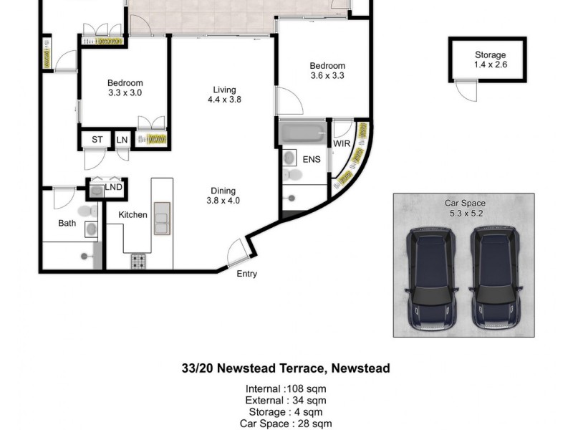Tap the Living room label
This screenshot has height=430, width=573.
pyautogui.click(x=223, y=95)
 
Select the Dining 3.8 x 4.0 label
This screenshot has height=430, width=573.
pyautogui.click(x=223, y=196)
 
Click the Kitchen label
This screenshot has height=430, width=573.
pyautogui.click(x=133, y=215)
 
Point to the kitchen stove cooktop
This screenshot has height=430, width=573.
pyautogui.click(x=138, y=262)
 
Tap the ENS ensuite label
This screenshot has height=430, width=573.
pyautogui.click(x=311, y=159)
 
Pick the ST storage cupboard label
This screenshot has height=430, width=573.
pyautogui.click(x=96, y=140)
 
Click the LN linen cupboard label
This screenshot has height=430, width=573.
pyautogui.click(x=122, y=140)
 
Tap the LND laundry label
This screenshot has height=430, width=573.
pyautogui.click(x=114, y=188)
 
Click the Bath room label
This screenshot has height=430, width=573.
pyautogui.click(x=67, y=224)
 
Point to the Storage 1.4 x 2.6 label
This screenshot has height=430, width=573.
pyautogui.click(x=490, y=59)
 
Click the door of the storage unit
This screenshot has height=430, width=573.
pyautogui.click(x=466, y=91)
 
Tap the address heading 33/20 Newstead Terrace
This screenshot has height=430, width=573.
pyautogui.click(x=286, y=368)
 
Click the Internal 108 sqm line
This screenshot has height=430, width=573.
pyautogui.click(x=286, y=389)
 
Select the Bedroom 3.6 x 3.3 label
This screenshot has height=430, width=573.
pyautogui.click(x=327, y=70)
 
